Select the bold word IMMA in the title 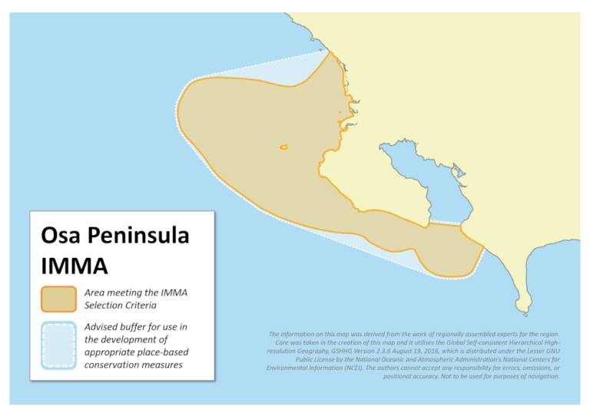(x=75, y=266)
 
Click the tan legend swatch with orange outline (x=58, y=298)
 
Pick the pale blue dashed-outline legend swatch (x=58, y=345)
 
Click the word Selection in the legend (x=107, y=305)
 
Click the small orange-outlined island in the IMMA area (x=283, y=147)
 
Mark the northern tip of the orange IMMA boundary (x=330, y=52)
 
